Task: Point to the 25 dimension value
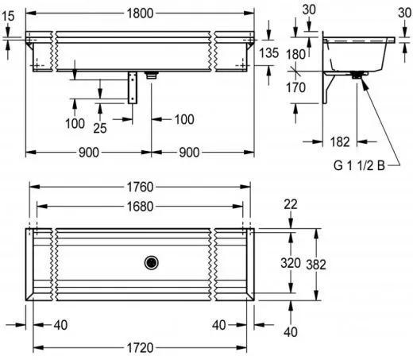(101, 127)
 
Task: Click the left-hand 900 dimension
(89, 152)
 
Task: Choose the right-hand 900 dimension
(205, 152)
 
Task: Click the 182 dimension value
(340, 142)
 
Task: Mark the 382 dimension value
(317, 263)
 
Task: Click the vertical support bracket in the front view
(132, 87)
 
